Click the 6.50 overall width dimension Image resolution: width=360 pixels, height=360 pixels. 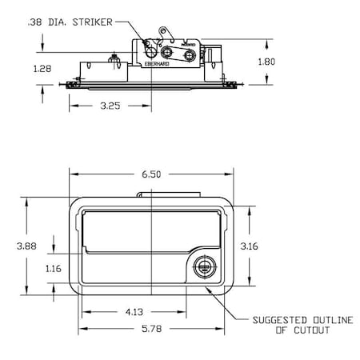tap(150, 171)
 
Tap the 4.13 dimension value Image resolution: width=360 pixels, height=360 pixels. tap(134, 310)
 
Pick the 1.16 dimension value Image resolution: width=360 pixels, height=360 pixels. tap(54, 268)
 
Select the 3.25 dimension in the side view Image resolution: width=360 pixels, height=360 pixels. tap(110, 104)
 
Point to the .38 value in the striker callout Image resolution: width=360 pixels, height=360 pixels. tap(34, 22)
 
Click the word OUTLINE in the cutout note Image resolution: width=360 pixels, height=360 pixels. tap(327, 320)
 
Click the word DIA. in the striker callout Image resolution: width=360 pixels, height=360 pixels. tap(62, 22)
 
